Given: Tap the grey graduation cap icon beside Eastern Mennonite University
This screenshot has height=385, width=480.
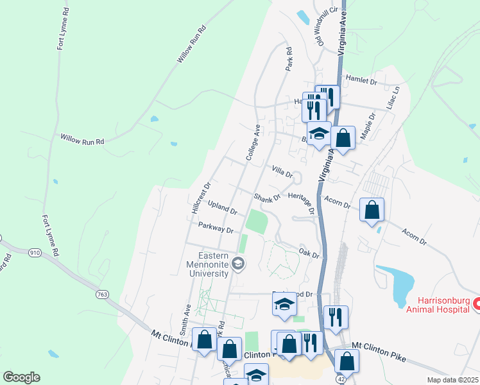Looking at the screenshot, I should click(238, 262).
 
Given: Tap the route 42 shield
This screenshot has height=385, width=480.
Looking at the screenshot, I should click(338, 379).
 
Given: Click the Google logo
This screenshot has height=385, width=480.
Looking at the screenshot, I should click(21, 377).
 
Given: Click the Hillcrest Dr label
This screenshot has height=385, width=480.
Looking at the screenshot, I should click(201, 199).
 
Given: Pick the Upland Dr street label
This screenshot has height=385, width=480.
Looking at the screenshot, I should click(223, 207).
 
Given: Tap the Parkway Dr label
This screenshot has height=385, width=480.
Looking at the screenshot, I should click(216, 228).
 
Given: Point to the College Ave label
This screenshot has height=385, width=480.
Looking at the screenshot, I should click(252, 142).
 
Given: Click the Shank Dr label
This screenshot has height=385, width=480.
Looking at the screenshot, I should click(266, 198).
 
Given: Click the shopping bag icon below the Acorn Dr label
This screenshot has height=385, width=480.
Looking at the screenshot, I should click(372, 210).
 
